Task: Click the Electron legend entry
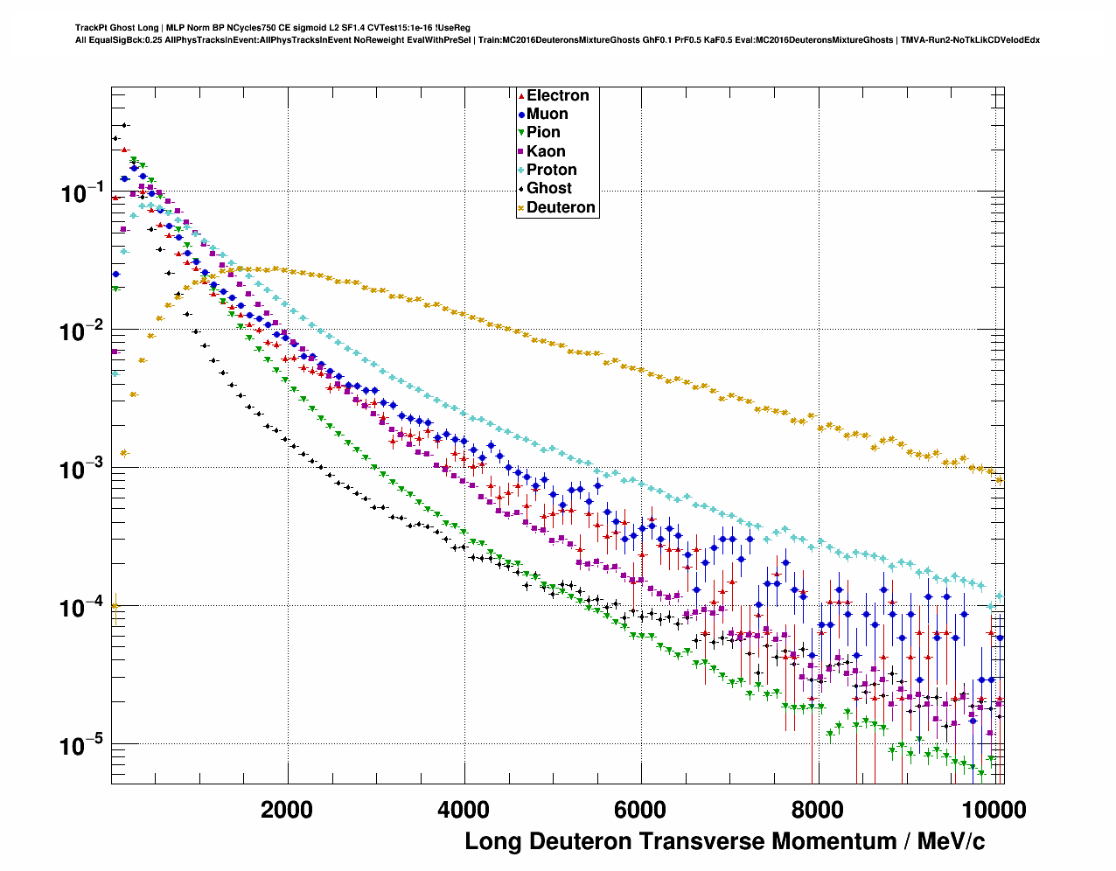(x=557, y=95)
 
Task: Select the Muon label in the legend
(x=547, y=114)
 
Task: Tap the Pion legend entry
(x=543, y=132)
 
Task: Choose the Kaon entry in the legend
(x=546, y=151)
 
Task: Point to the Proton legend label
(x=551, y=170)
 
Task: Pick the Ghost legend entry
(x=548, y=188)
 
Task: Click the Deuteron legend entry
(x=561, y=207)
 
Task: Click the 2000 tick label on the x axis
(x=287, y=810)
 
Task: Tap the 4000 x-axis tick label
(x=464, y=810)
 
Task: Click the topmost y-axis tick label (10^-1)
(x=82, y=193)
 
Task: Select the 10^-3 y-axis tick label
(x=82, y=470)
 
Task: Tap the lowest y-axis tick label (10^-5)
(x=82, y=747)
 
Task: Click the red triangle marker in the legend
(x=521, y=95)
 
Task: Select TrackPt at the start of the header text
(x=91, y=28)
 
